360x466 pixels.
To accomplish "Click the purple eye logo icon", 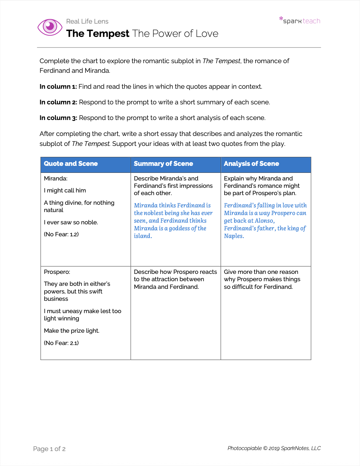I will pos(50,27).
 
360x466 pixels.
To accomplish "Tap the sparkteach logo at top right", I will pos(300,21).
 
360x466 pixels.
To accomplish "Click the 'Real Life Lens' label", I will pos(87,22).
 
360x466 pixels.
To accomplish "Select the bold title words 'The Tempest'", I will pos(97,34).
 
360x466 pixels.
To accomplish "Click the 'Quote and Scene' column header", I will pos(71,164).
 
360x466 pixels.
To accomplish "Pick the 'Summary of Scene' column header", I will pos(163,164).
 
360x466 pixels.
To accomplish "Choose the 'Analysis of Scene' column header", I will pos(251,164).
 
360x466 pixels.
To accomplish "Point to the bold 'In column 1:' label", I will pos(58,87).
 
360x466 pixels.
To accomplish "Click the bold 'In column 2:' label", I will pos(58,102).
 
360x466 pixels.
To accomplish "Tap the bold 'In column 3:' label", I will pos(58,118).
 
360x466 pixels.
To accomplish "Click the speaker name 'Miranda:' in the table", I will pos(56,178).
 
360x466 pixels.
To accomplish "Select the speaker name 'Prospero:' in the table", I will pos(57,272).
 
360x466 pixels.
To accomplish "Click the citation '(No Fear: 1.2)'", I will pos(61,234).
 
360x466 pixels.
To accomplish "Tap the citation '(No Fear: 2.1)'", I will pos(61,343).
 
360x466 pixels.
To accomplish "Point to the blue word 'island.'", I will pos(143,236).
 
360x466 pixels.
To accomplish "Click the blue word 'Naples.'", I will pos(234,236).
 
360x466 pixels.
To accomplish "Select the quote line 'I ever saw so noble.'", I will pos(71,222).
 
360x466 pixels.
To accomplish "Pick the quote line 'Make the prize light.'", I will pos(72,331).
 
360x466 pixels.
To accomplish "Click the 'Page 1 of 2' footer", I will pos(49,449).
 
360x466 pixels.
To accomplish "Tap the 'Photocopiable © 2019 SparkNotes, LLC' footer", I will pos(274,448).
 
